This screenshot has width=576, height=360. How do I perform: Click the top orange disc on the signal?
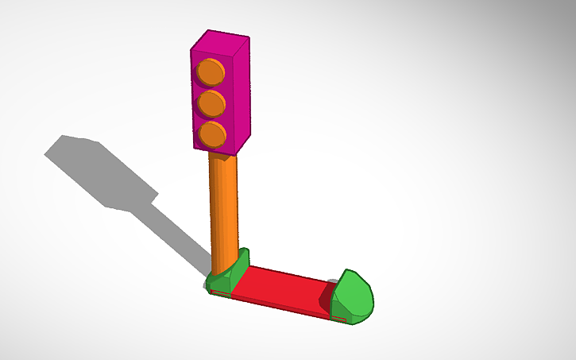tap(210, 72)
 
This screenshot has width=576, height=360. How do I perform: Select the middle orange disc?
tap(211, 103)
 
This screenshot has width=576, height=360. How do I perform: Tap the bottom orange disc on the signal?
tap(211, 134)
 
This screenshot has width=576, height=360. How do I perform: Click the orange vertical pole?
tap(223, 207)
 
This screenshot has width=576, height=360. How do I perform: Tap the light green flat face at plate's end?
tap(354, 295)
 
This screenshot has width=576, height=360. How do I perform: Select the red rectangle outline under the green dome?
tap(339, 319)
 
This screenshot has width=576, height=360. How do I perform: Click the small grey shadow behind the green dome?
tap(332, 281)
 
